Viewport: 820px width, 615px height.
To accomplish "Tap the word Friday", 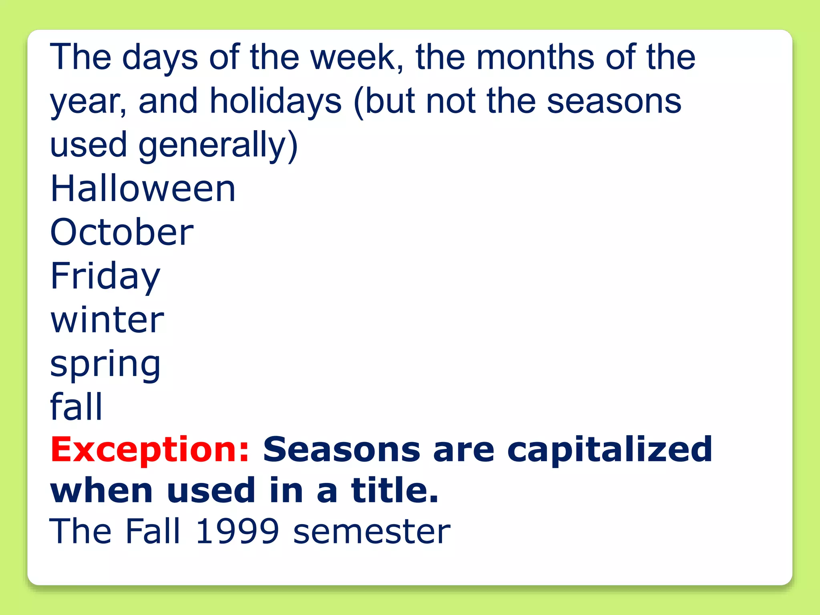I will pos(105,276).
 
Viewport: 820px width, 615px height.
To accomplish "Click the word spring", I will pos(105,364).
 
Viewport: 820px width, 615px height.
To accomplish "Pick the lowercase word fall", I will pos(76,406).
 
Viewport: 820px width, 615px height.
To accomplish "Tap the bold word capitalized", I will pos(609,450).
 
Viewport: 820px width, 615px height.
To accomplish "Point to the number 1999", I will pos(237,531).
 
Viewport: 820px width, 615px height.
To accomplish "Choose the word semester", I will pos(372,532).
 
